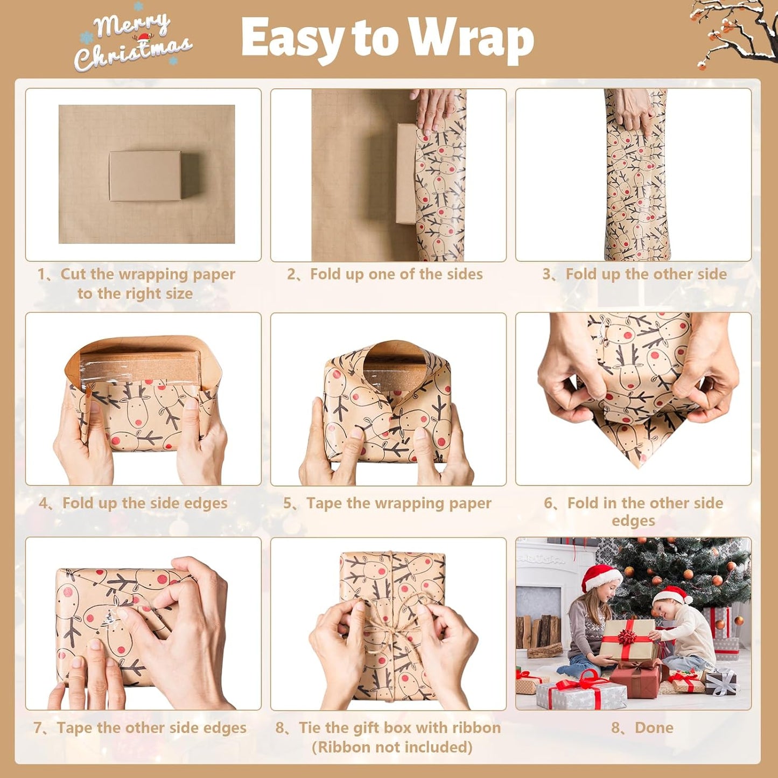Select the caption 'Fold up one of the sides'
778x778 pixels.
396,274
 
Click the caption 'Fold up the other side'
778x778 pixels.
646,274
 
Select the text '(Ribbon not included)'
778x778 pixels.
392,747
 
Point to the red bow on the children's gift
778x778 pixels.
626,637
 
